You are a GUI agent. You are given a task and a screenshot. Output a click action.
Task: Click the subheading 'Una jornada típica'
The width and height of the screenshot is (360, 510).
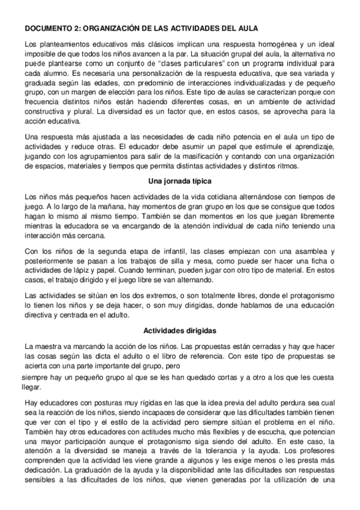pos(180,182)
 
